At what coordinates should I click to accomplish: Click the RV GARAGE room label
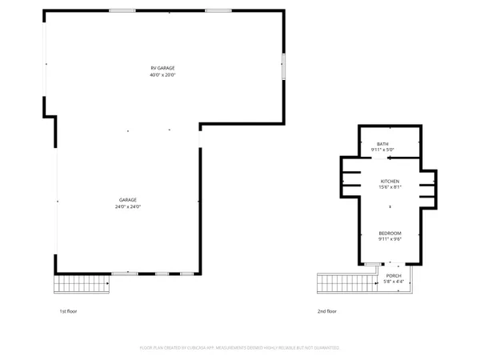click(x=162, y=68)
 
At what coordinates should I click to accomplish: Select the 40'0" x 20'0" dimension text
click(x=162, y=75)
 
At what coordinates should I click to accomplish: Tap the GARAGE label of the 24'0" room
click(x=128, y=199)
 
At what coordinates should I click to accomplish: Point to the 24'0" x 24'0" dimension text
click(x=128, y=206)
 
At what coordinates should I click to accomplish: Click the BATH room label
click(x=383, y=144)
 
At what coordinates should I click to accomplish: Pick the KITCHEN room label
click(x=389, y=182)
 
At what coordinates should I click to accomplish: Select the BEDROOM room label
click(x=389, y=232)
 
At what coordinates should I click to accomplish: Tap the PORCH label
click(x=394, y=275)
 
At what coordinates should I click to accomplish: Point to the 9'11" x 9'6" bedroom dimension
click(x=389, y=238)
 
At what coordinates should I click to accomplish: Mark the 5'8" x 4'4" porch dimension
click(x=394, y=281)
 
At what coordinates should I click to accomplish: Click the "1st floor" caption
click(x=69, y=310)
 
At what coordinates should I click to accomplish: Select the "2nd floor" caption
click(x=327, y=310)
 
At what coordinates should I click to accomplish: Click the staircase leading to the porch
click(x=346, y=283)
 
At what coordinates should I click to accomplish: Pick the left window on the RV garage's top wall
click(x=122, y=10)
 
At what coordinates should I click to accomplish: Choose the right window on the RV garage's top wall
click(x=218, y=10)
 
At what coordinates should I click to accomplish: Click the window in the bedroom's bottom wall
click(x=372, y=263)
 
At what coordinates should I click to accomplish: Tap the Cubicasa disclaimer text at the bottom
click(x=240, y=348)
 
